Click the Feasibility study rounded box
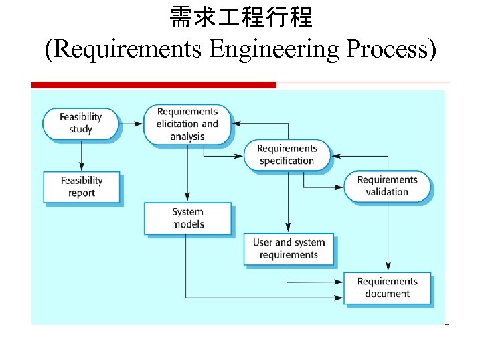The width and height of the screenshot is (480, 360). coord(80,123)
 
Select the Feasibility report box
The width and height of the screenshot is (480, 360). coord(81,187)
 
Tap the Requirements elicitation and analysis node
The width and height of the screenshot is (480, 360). coord(187,124)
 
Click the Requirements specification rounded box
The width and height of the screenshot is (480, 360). coord(287,155)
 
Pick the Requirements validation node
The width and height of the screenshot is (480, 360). coord(387,185)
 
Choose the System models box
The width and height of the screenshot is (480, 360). coord(187,218)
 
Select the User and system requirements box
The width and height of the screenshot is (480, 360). coord(289,249)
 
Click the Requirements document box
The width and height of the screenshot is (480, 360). coord(387,288)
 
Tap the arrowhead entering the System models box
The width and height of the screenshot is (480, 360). coord(187,198)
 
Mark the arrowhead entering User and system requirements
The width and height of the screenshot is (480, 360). coord(289,229)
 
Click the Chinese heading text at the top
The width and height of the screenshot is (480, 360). coord(240,18)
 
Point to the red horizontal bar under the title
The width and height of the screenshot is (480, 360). coord(154,85)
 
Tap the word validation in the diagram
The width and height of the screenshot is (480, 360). coord(387,192)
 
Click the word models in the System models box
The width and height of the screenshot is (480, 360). coord(187,224)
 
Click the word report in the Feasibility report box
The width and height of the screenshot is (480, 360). coord(81,193)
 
